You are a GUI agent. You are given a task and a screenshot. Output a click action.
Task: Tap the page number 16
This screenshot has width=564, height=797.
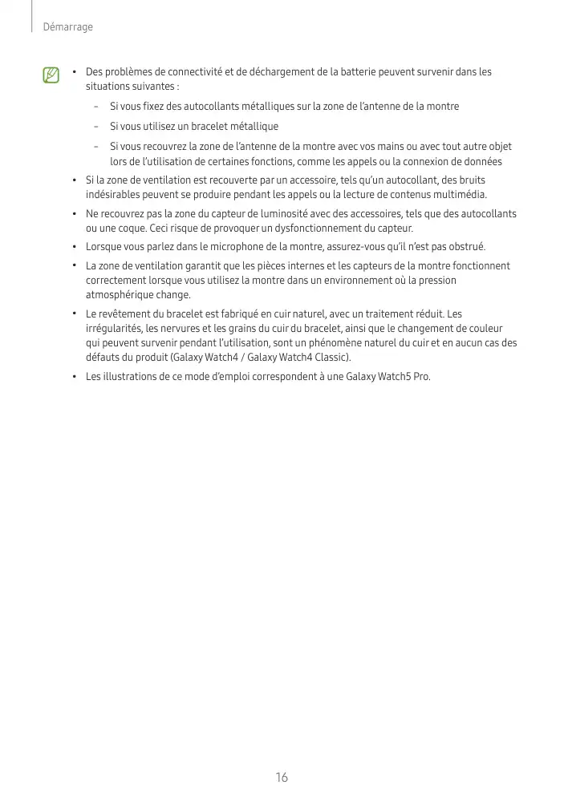click(282, 777)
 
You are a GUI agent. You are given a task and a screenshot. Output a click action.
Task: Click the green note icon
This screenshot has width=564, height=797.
click(51, 76)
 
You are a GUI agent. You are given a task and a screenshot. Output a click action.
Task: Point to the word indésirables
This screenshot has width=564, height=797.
click(114, 194)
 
